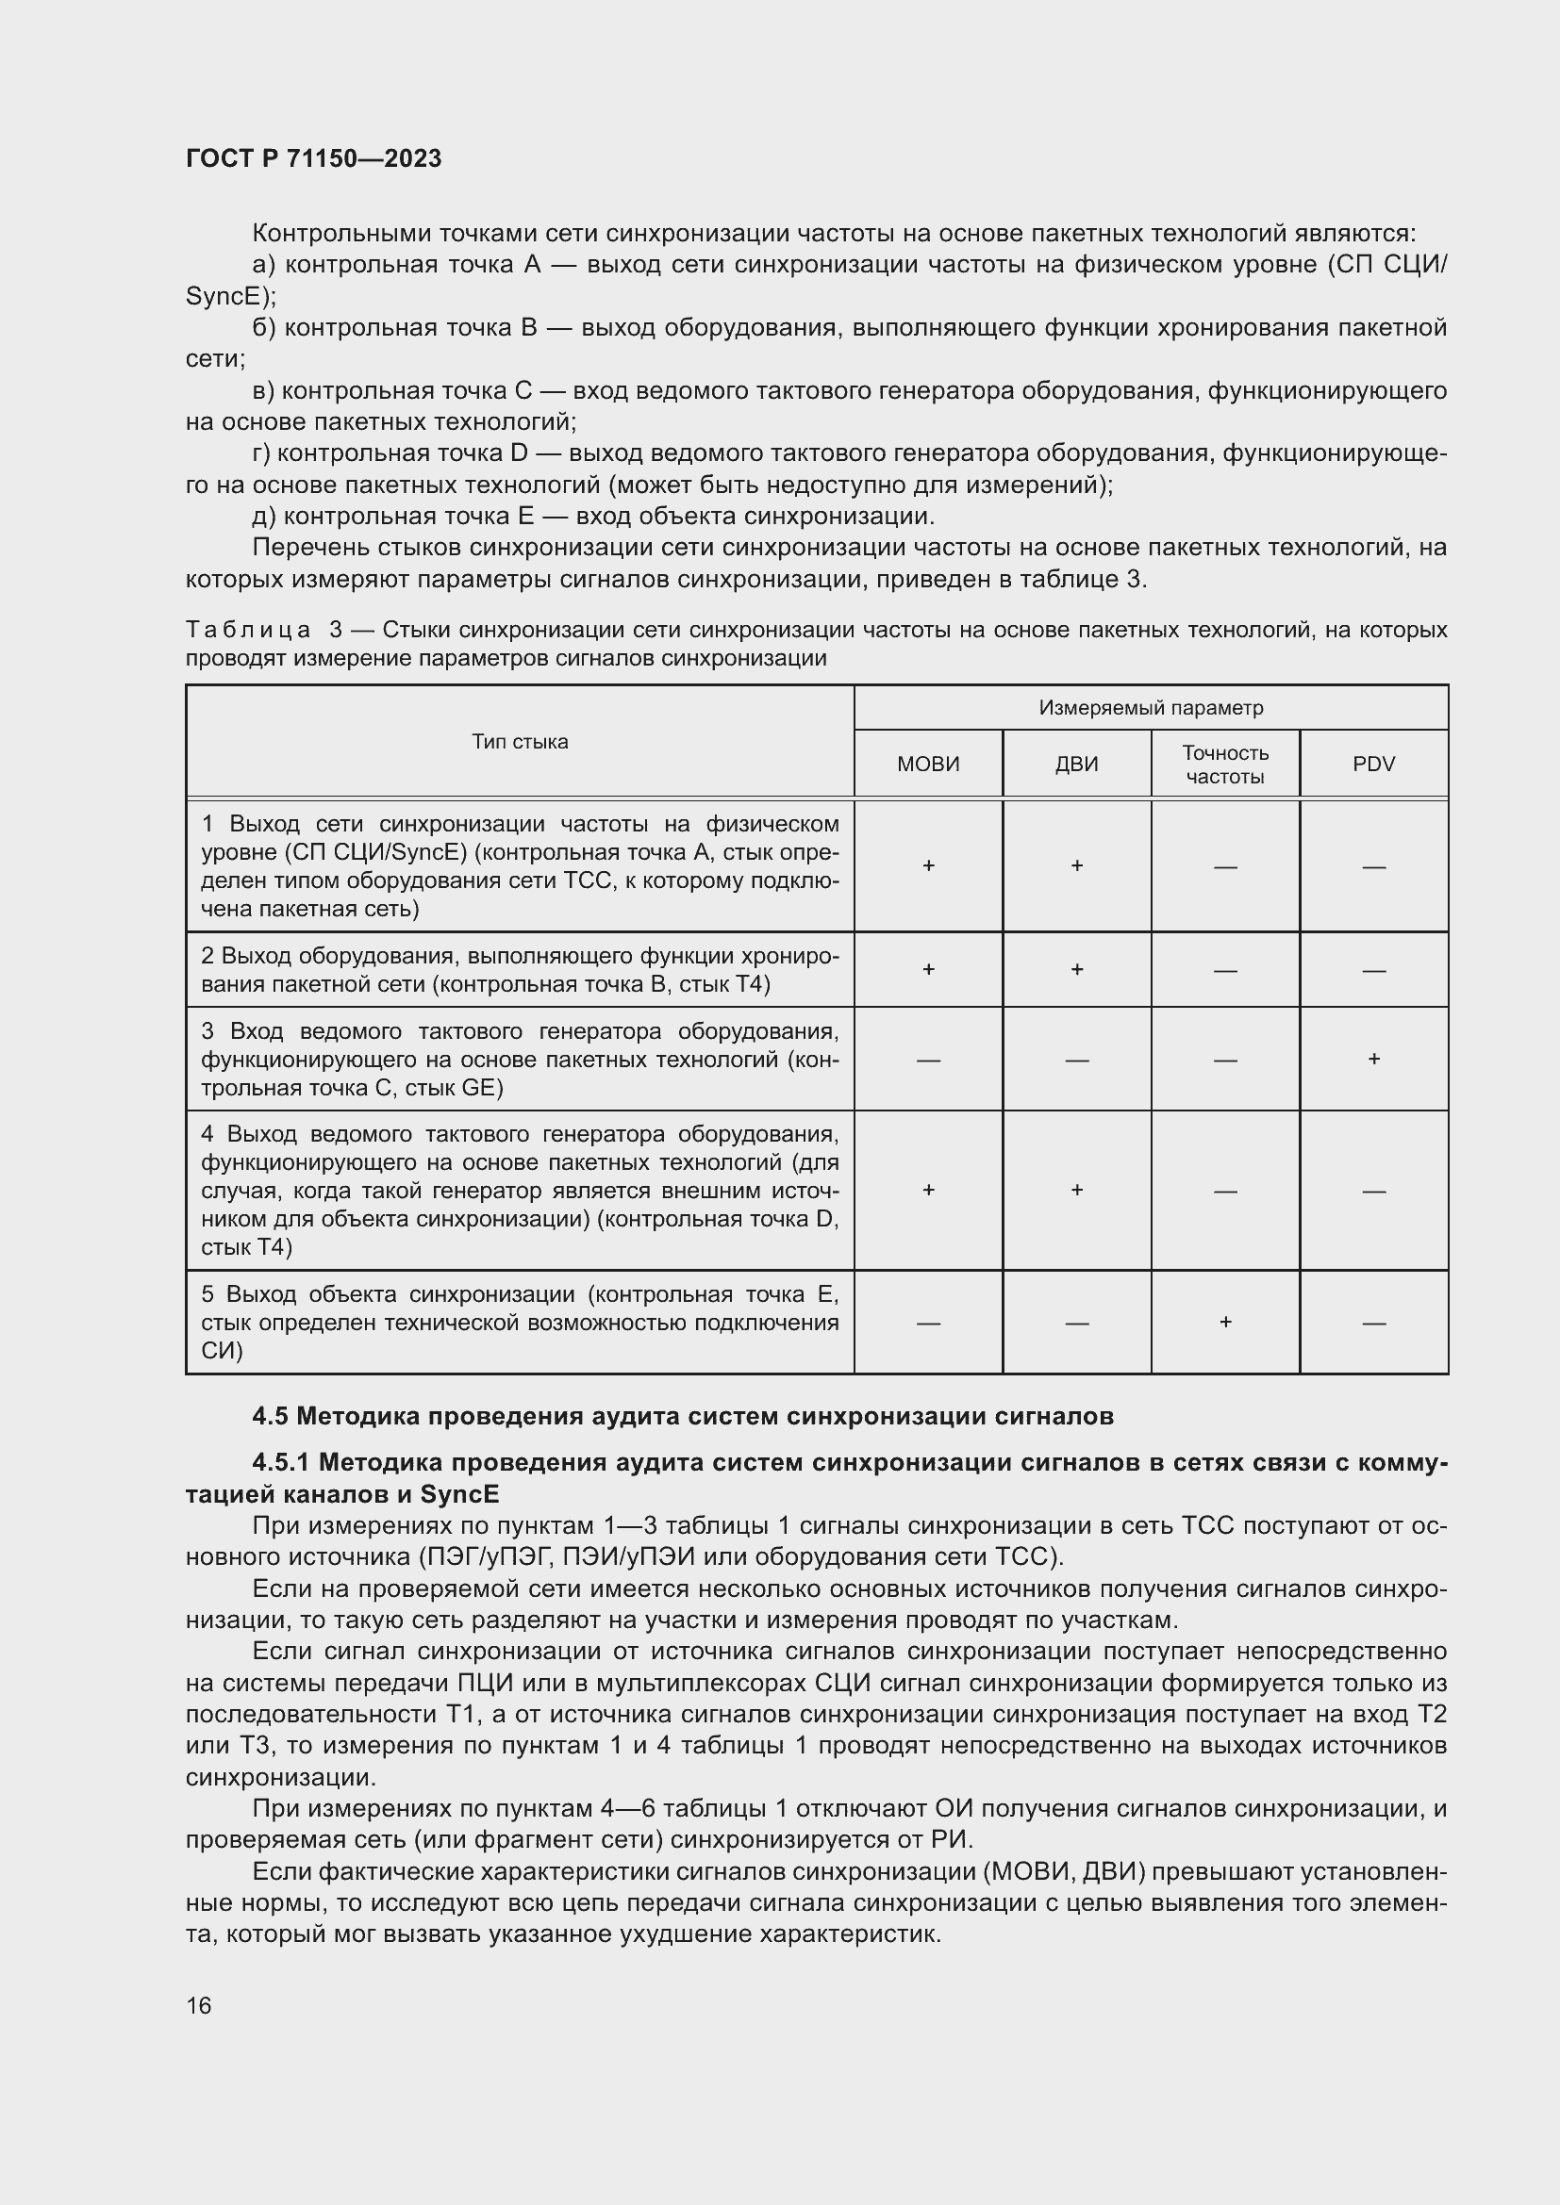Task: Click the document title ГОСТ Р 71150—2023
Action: coord(313,158)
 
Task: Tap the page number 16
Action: coord(199,2005)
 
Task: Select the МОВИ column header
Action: coord(928,764)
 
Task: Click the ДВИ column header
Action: coord(1076,764)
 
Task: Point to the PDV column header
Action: coord(1372,764)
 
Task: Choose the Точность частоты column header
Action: coord(1225,765)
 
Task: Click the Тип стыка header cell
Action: coord(520,741)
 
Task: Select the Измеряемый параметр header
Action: coord(1151,708)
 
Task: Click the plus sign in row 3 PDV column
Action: coord(1373,1059)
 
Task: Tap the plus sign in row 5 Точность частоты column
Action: coord(1225,1322)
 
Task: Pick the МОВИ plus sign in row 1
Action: coord(928,865)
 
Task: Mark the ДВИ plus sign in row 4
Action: coord(1077,1190)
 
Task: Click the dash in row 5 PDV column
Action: coord(1373,1324)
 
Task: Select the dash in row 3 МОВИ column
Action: coord(928,1061)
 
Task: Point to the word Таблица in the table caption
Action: coord(248,630)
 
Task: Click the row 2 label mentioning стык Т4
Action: coord(519,969)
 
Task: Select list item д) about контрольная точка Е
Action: coord(592,516)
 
